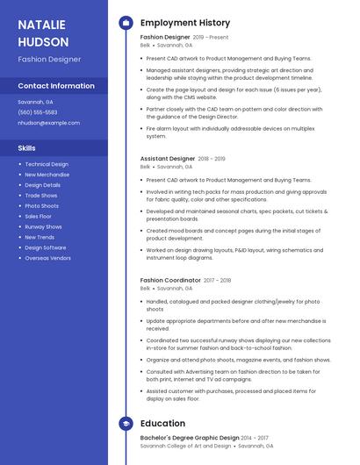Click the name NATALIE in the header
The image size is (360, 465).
tap(41, 25)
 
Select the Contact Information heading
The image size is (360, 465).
tap(56, 86)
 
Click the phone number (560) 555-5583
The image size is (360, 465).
tap(37, 112)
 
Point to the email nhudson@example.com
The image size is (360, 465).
tap(48, 123)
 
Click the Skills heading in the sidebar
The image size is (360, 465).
tap(27, 148)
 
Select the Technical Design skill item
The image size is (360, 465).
tap(47, 164)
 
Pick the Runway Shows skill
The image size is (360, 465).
tap(43, 226)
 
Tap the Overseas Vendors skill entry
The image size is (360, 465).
tap(47, 258)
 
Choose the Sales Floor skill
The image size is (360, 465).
tap(38, 216)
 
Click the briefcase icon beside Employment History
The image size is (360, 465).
tap(126, 23)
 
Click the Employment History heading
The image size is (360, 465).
tap(185, 23)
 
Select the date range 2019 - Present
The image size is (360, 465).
tap(211, 38)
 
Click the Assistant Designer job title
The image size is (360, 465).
tap(168, 159)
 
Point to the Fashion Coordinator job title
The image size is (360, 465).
tap(170, 280)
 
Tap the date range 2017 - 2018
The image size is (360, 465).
tap(217, 280)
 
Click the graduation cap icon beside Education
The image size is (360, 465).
tap(126, 423)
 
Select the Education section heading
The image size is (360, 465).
tap(162, 423)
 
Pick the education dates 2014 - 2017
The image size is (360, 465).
tap(255, 437)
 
